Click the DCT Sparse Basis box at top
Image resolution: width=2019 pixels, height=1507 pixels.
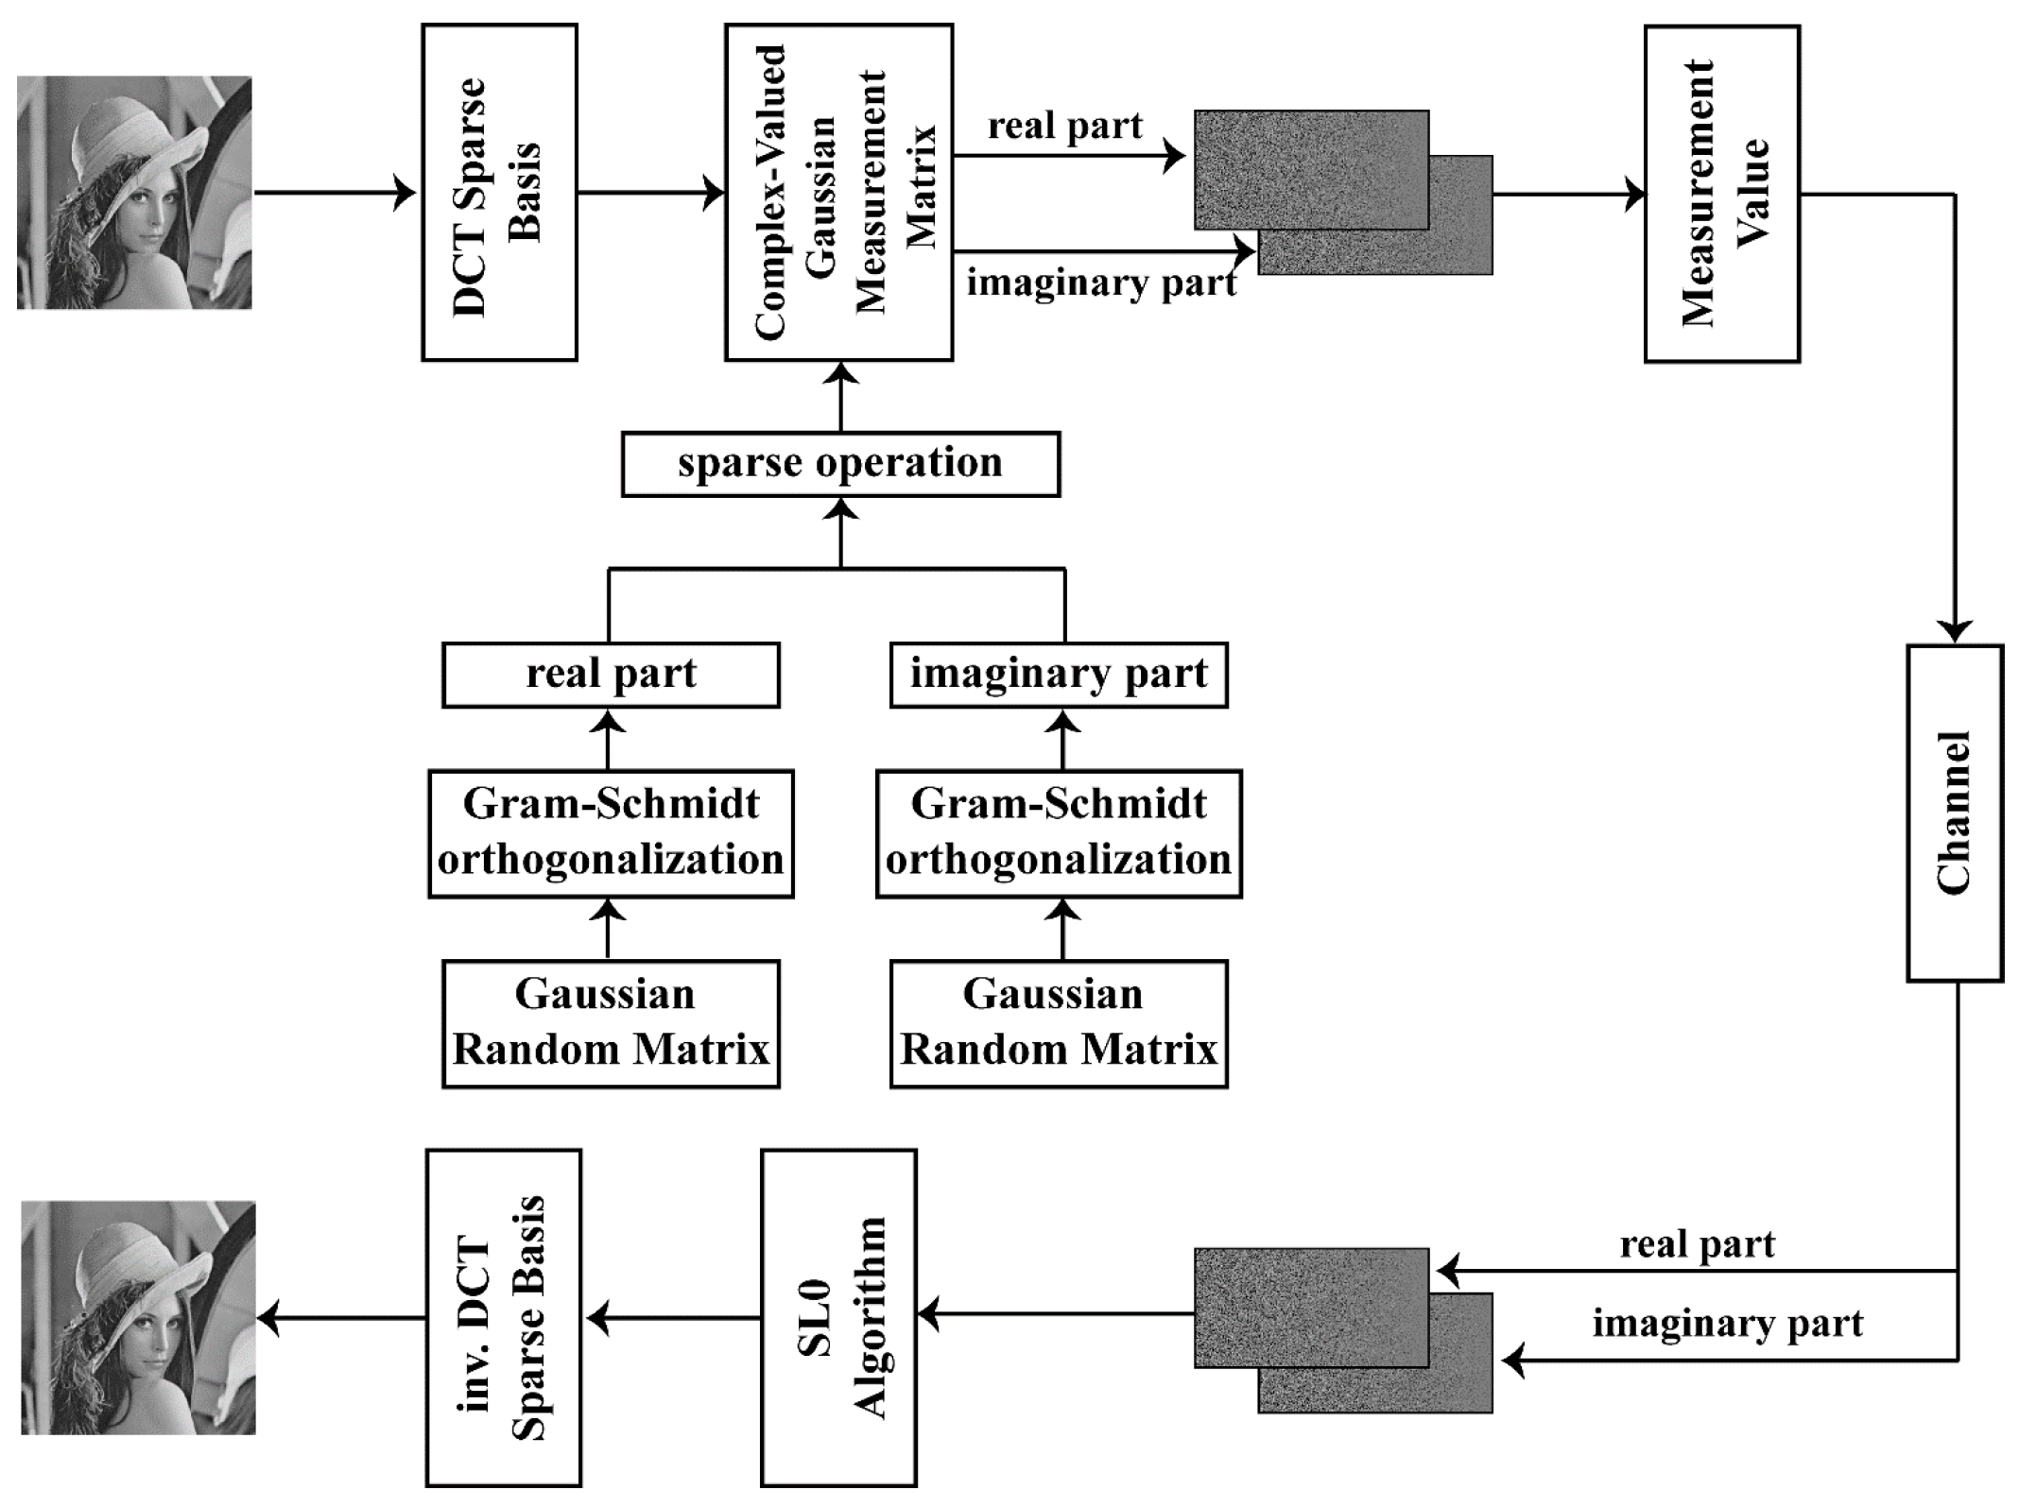coord(499,193)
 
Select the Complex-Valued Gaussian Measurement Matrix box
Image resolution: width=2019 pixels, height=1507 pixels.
coord(838,193)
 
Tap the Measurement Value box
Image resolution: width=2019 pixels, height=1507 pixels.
coord(1721,194)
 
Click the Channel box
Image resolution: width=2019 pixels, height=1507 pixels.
coord(1954,813)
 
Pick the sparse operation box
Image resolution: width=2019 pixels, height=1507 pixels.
coord(840,464)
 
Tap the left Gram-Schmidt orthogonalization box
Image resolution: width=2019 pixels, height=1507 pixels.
coord(611,832)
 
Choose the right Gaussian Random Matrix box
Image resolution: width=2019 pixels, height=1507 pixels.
coord(1059,1023)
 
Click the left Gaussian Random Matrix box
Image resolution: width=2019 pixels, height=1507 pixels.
coord(611,1023)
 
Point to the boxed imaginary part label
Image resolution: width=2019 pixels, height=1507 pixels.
coord(1059,675)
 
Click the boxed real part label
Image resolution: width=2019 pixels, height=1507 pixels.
coord(611,675)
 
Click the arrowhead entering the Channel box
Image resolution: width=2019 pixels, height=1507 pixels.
coord(1954,632)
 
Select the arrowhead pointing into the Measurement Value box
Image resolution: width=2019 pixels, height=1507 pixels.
coord(1634,196)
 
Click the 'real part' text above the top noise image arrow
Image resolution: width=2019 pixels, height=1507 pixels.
coord(1065,126)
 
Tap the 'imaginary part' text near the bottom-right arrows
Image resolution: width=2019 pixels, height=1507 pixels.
coord(1727,1323)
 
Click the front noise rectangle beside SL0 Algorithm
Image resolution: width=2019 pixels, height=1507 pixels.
coord(1310,1307)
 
